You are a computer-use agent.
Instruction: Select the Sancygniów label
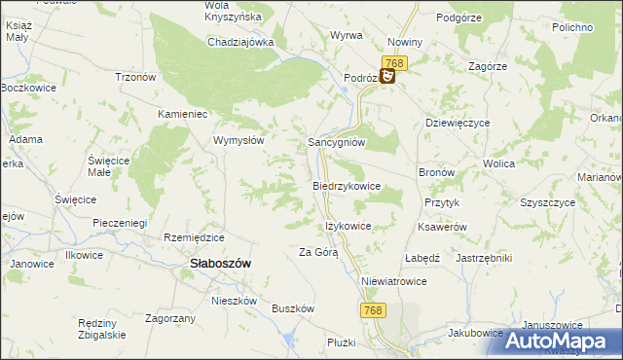[337, 141]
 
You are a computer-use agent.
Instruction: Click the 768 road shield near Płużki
[372, 309]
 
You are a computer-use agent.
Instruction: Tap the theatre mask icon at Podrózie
[387, 75]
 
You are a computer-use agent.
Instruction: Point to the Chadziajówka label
[240, 42]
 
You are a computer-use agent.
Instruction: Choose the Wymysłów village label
[239, 140]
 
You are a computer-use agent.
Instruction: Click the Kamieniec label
[185, 113]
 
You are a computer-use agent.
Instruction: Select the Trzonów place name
[136, 78]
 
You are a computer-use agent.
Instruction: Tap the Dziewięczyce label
[458, 124]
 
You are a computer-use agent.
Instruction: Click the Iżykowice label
[348, 226]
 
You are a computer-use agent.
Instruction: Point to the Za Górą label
[318, 253]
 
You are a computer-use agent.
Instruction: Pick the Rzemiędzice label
[195, 237]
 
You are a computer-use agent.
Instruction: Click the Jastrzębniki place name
[484, 258]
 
